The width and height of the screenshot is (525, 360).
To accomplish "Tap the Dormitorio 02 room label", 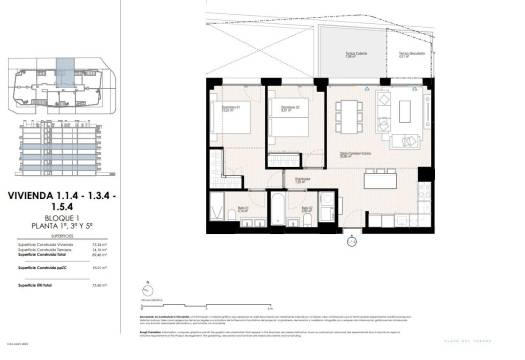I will (289, 107).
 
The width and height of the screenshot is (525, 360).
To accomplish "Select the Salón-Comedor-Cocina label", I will (348, 153).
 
